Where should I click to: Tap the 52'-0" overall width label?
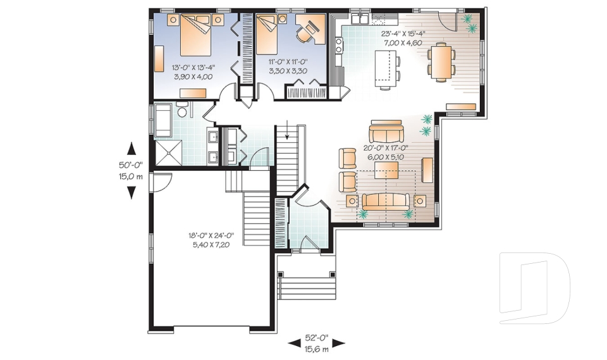[x=317, y=338]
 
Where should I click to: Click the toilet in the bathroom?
[x=182, y=112]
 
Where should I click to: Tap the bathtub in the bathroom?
[x=162, y=119]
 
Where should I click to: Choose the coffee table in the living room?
[x=386, y=170]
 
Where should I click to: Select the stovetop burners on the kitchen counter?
[x=338, y=44]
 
